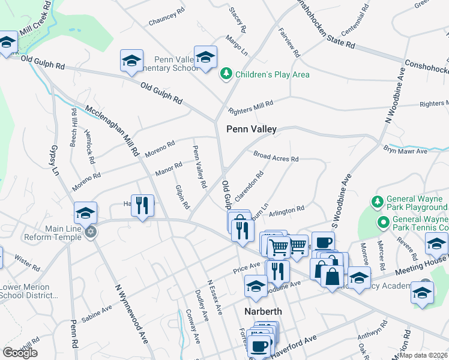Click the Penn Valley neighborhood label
(x=251, y=129)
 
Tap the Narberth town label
(x=267, y=312)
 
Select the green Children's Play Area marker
(x=226, y=74)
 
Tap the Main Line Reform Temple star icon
(x=90, y=232)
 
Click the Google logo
(x=20, y=352)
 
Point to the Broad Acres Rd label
(x=276, y=156)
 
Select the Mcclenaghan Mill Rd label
(x=113, y=128)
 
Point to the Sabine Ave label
(x=97, y=312)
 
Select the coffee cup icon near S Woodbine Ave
(x=323, y=242)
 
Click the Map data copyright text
(x=424, y=355)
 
